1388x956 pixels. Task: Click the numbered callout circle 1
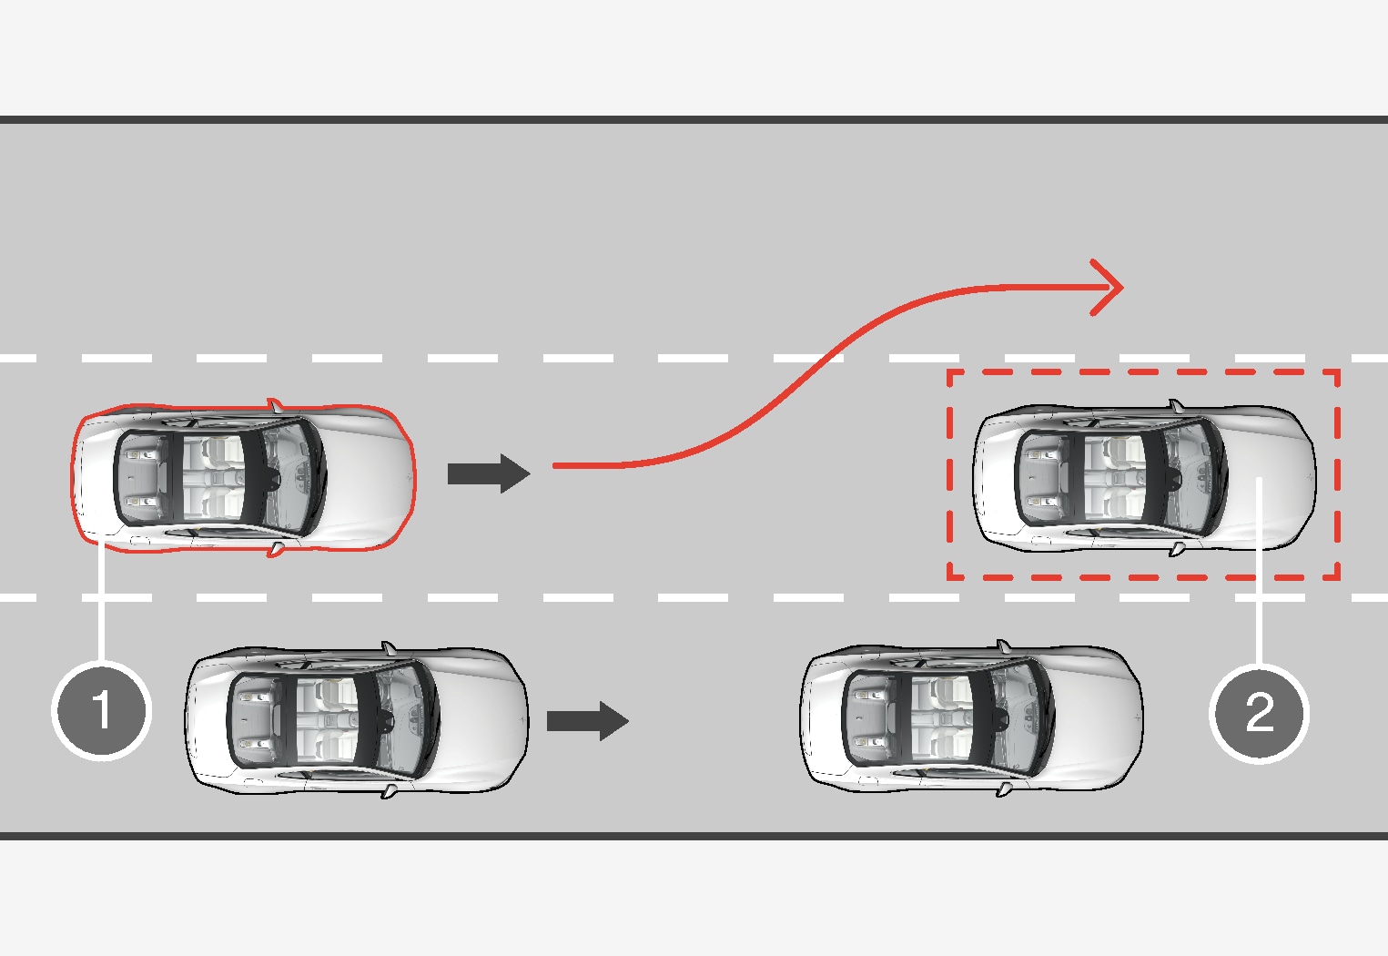click(101, 709)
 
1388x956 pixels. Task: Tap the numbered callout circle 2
click(1259, 712)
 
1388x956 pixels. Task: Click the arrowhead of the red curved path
click(1110, 288)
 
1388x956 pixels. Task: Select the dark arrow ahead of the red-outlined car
click(489, 474)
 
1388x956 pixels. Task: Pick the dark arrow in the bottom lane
click(587, 721)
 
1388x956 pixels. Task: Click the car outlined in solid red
click(244, 477)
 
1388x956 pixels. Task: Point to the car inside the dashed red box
click(1144, 478)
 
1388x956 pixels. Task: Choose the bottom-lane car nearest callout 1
click(357, 719)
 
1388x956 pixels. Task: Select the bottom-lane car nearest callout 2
click(972, 719)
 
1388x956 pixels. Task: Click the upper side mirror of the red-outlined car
click(275, 404)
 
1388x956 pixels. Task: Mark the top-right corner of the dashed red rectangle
click(1337, 371)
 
